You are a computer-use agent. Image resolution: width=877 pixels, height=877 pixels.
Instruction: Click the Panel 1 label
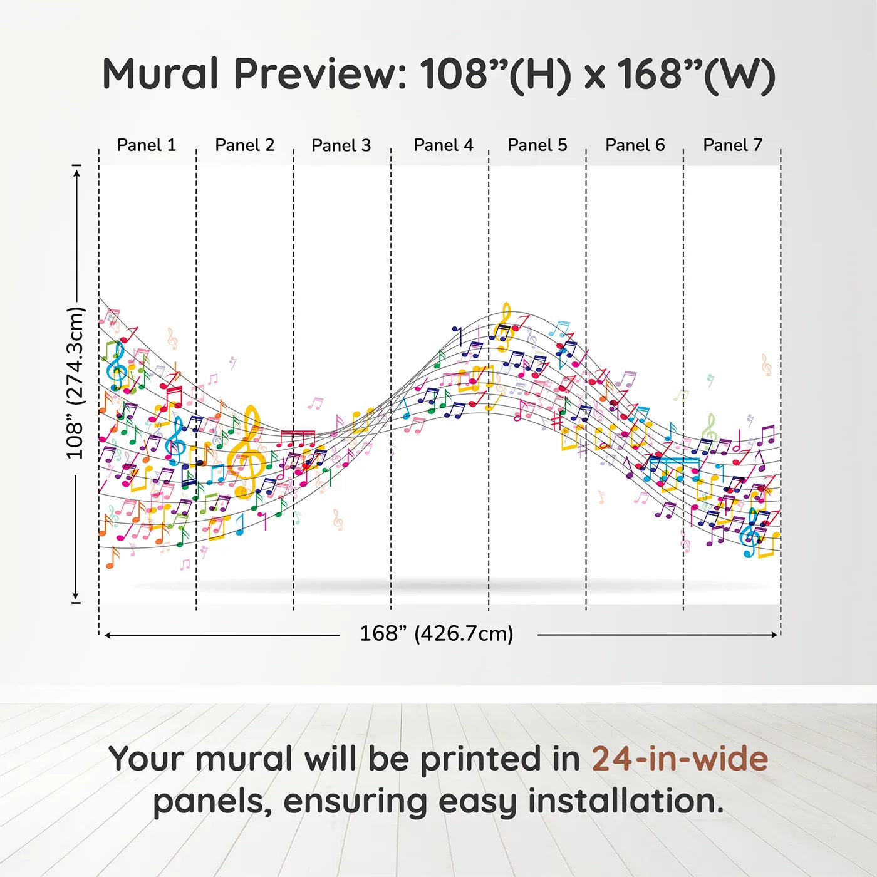(x=146, y=145)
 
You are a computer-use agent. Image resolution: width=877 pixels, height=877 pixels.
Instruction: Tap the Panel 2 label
(x=244, y=145)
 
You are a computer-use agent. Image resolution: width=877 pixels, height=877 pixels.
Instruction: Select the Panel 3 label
(x=341, y=145)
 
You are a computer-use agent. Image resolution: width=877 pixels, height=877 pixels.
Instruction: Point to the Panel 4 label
(x=444, y=145)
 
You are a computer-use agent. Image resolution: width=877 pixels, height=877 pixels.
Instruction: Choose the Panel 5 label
(x=537, y=145)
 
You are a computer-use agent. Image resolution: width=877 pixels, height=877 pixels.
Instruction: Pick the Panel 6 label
(x=635, y=145)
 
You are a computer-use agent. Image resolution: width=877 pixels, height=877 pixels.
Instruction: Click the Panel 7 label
(x=732, y=145)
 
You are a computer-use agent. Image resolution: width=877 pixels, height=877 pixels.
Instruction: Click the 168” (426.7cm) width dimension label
(x=437, y=633)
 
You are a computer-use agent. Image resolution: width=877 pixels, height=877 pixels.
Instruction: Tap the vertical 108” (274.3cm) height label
(x=76, y=383)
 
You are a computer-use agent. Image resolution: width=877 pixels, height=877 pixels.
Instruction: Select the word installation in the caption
(x=626, y=801)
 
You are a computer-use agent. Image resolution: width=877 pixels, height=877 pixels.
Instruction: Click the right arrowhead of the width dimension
(x=775, y=635)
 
